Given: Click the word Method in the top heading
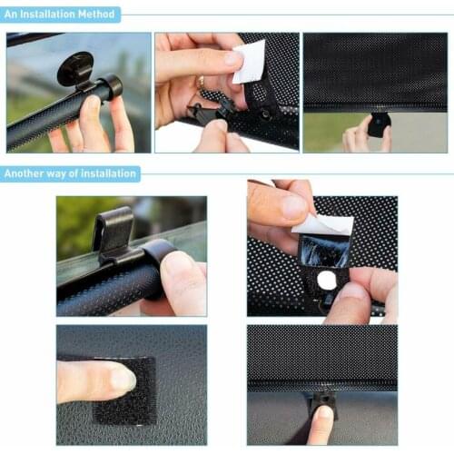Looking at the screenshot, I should [95, 15].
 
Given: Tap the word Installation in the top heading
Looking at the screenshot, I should [49, 15].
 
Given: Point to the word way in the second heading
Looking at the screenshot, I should [59, 173].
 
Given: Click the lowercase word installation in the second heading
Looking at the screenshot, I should [104, 173].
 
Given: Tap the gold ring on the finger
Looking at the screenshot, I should [201, 83].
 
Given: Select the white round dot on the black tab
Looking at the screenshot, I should [326, 281].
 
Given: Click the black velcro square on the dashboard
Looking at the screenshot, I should [127, 389].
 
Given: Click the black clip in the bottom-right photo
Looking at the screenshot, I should [321, 400].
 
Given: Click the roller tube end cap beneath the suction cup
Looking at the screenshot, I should [109, 88].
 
